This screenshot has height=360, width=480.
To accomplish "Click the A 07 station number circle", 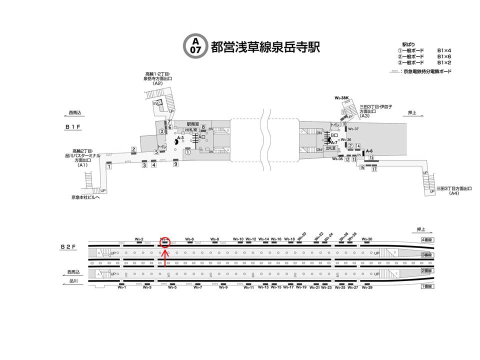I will (x=194, y=46).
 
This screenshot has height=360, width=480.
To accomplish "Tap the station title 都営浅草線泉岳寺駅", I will (x=265, y=46).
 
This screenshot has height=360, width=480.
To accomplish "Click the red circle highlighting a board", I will (x=164, y=242).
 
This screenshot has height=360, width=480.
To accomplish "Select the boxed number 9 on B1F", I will (x=175, y=163).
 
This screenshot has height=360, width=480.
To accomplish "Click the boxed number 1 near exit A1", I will (x=108, y=166).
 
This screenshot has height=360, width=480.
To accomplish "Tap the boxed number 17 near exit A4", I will (x=373, y=169).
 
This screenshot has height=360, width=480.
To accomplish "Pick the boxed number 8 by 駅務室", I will (x=203, y=127).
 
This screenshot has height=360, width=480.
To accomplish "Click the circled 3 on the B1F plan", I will (x=161, y=131).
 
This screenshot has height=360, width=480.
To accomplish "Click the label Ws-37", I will (x=353, y=129).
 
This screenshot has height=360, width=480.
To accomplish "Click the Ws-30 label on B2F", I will (x=367, y=239).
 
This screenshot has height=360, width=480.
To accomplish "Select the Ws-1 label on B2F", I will (x=121, y=287).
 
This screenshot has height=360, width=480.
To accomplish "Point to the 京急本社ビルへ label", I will (x=85, y=197).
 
